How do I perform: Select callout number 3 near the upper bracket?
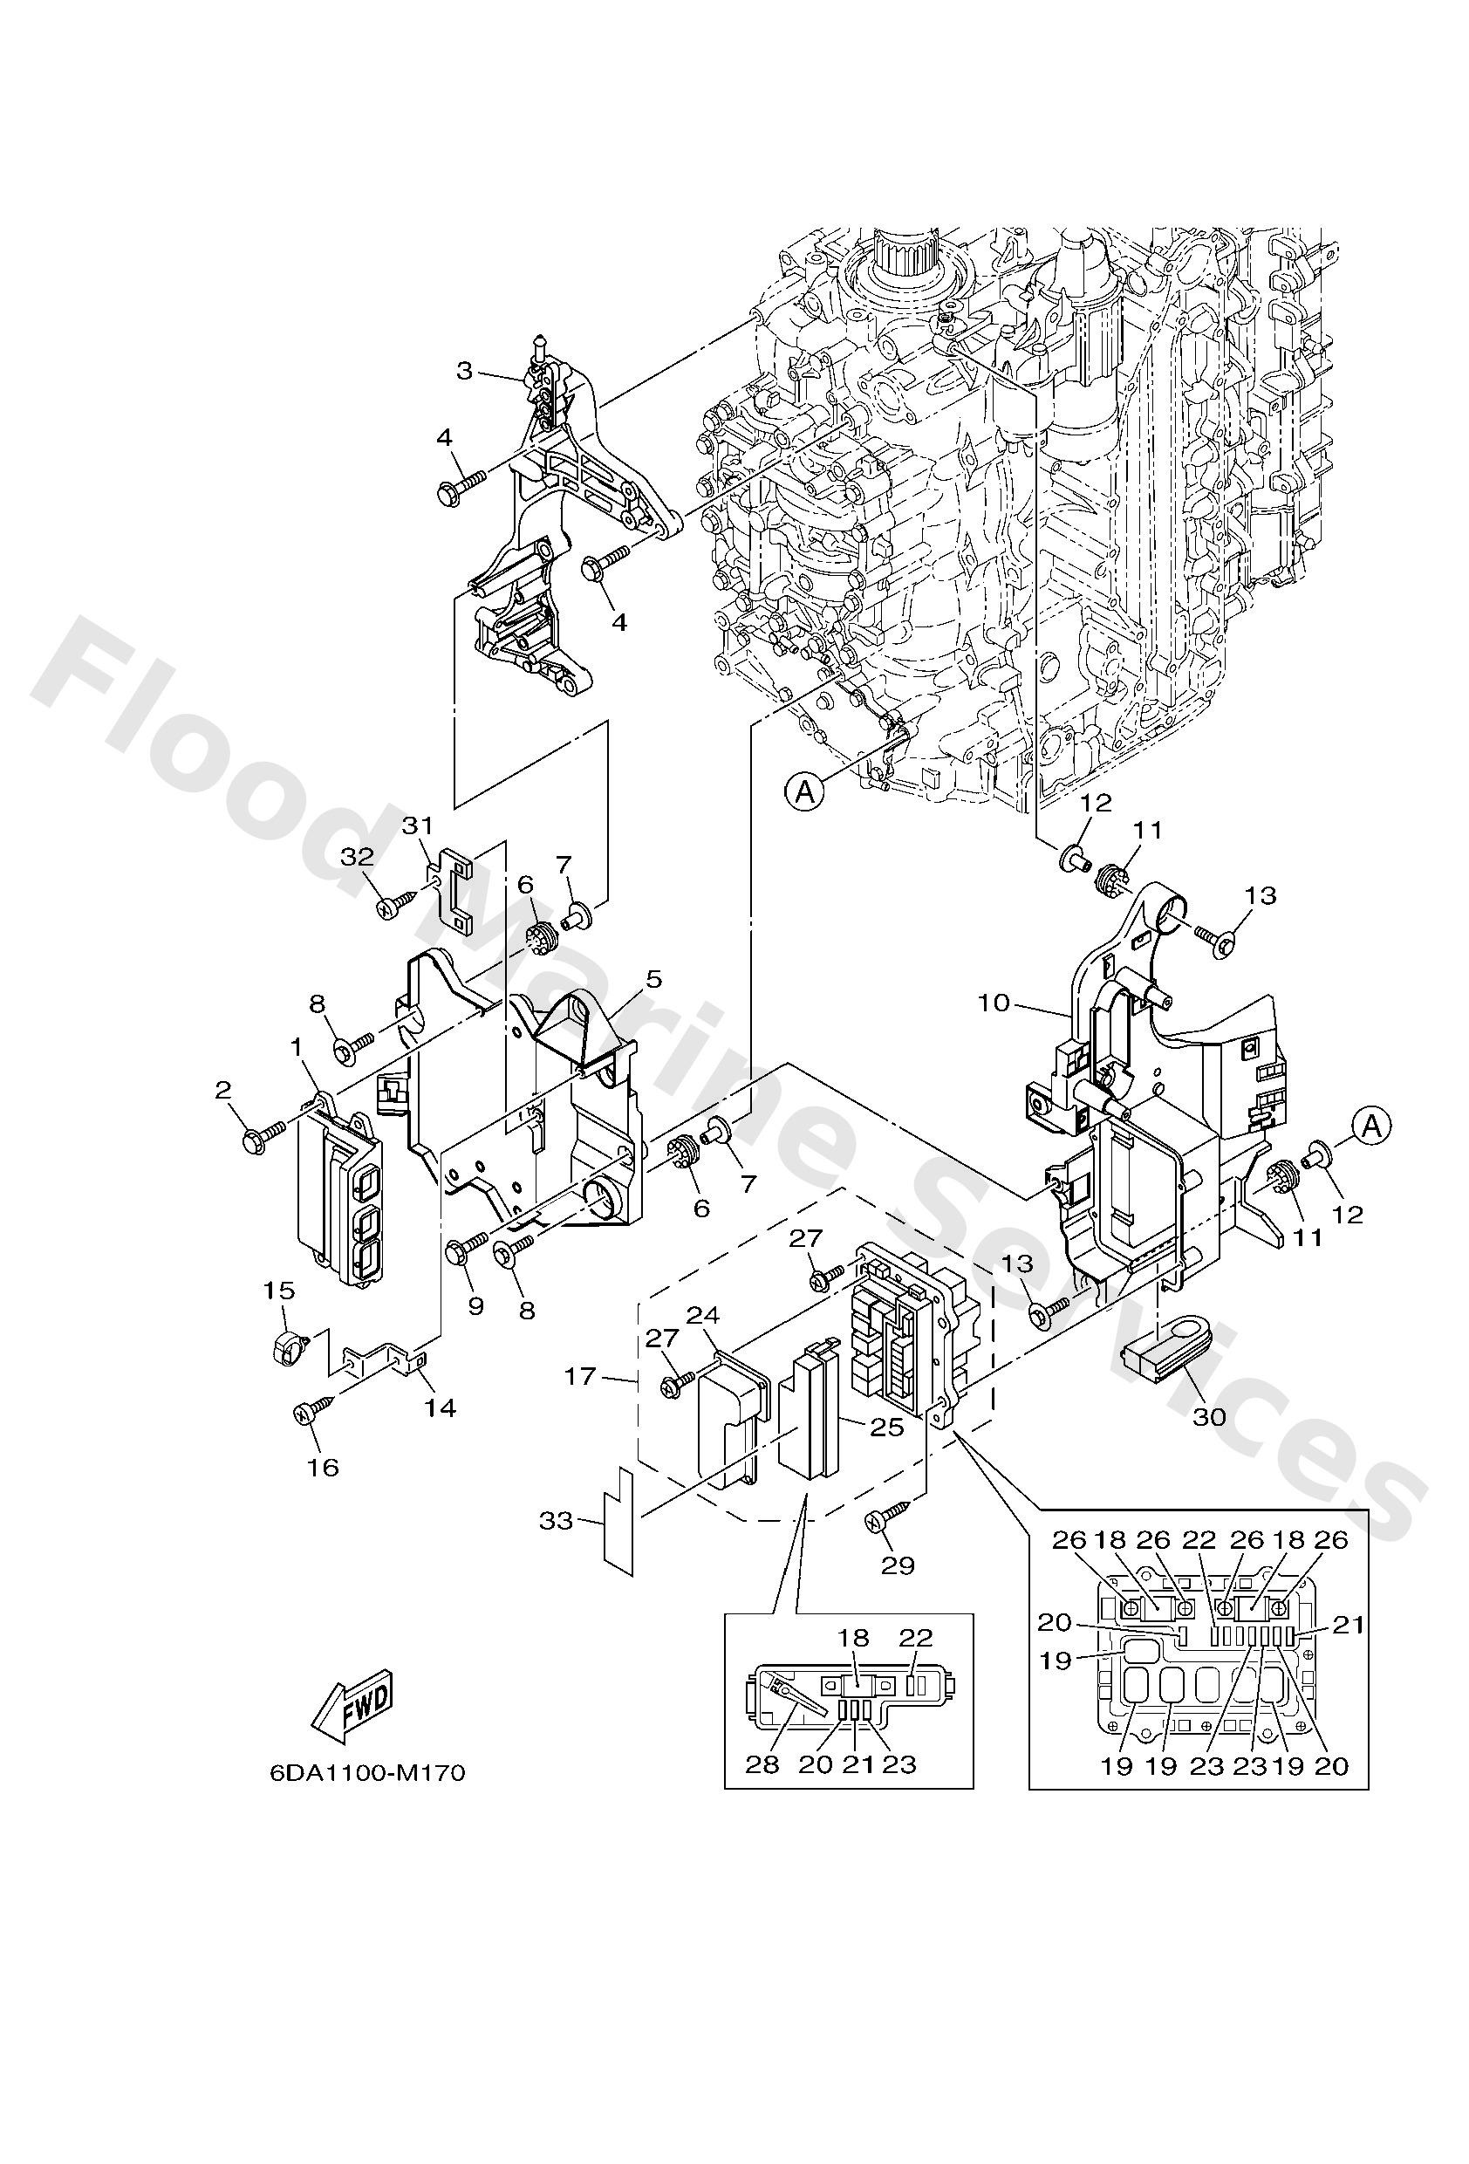[465, 372]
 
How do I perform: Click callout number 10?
[994, 1002]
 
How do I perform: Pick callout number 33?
[556, 1523]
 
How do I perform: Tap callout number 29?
[898, 1565]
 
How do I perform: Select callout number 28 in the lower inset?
[762, 1764]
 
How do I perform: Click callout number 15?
[279, 1291]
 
